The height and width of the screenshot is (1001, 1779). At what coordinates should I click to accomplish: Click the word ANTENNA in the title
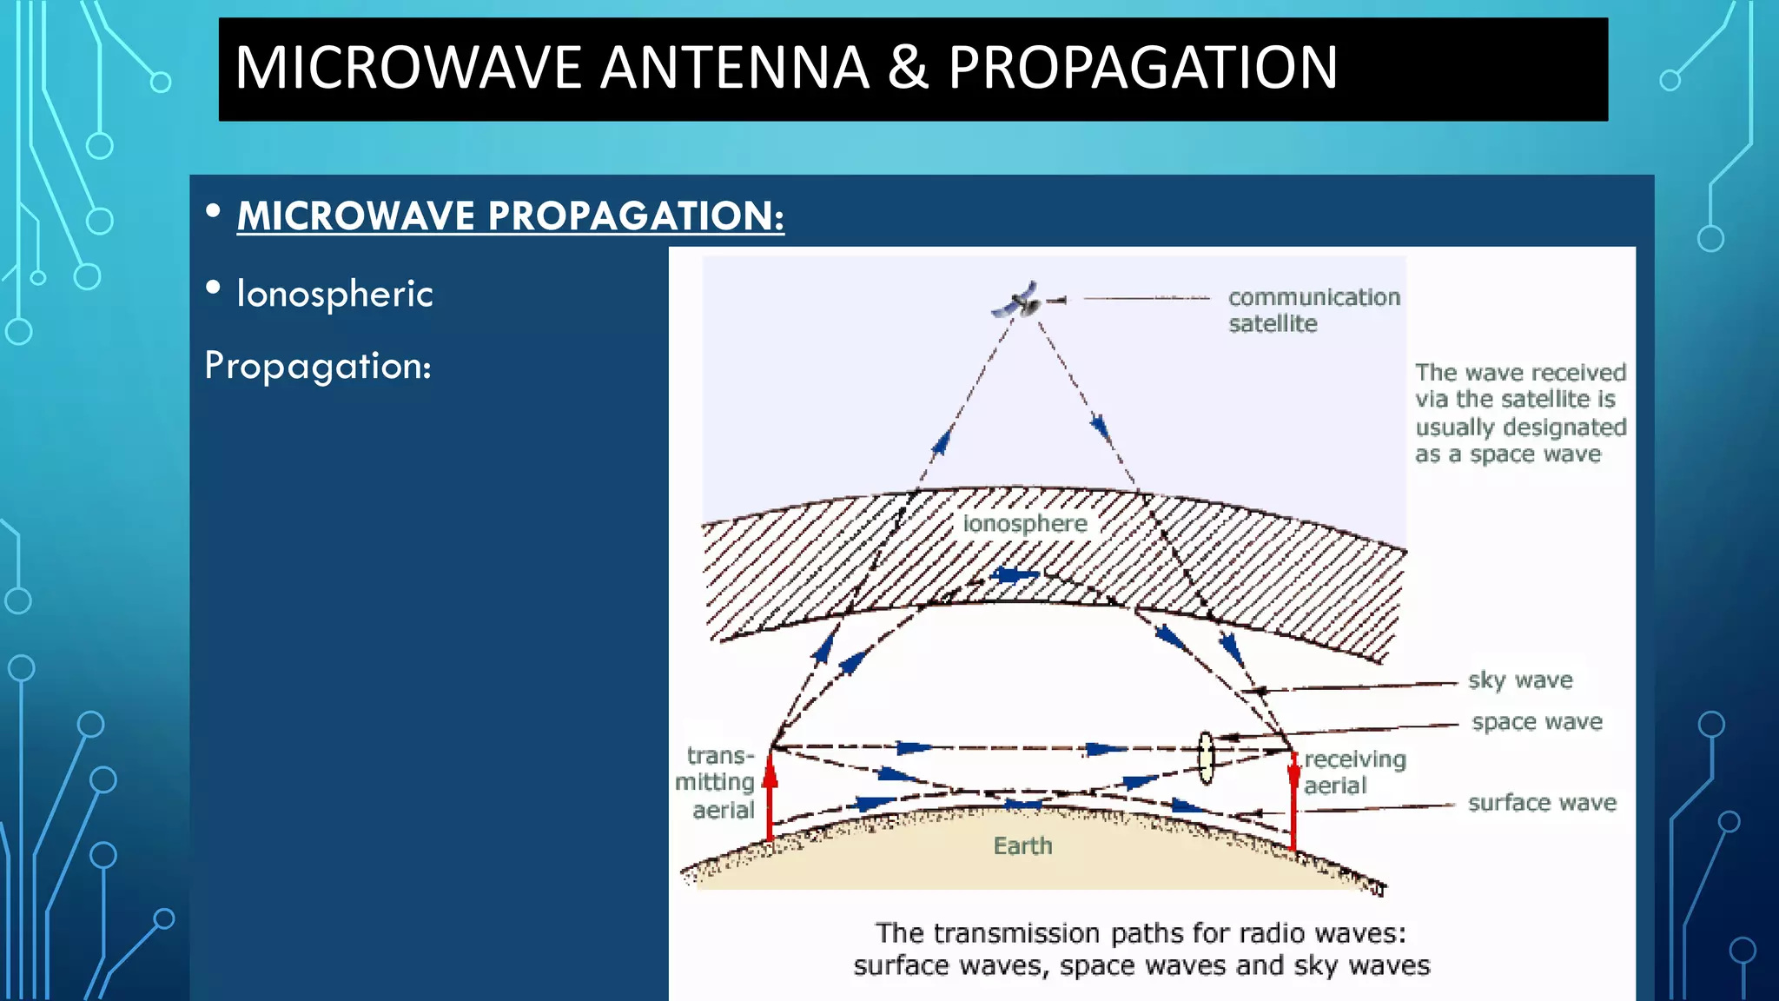734,68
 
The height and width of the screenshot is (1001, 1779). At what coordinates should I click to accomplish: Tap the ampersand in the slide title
908,68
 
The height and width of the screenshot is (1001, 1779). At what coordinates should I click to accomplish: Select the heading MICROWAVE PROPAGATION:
510,215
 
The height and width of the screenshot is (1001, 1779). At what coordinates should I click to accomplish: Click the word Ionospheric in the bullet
334,294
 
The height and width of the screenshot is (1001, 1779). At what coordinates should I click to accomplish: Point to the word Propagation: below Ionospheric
318,366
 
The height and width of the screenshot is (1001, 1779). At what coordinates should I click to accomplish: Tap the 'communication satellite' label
1313,310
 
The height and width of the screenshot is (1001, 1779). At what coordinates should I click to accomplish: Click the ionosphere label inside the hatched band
1025,523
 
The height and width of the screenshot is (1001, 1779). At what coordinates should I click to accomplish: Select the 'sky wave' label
1520,679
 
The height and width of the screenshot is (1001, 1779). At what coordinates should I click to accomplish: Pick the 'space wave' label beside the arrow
1537,721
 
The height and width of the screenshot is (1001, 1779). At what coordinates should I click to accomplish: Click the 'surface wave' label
1542,802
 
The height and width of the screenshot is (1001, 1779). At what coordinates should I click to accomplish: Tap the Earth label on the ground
1022,845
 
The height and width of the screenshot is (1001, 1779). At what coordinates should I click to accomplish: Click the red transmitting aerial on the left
770,795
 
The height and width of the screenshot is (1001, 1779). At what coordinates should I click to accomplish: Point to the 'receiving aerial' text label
1353,772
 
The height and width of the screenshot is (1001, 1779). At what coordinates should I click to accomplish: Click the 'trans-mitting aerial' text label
716,782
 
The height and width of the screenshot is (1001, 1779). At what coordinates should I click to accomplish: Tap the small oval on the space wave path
1206,758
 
